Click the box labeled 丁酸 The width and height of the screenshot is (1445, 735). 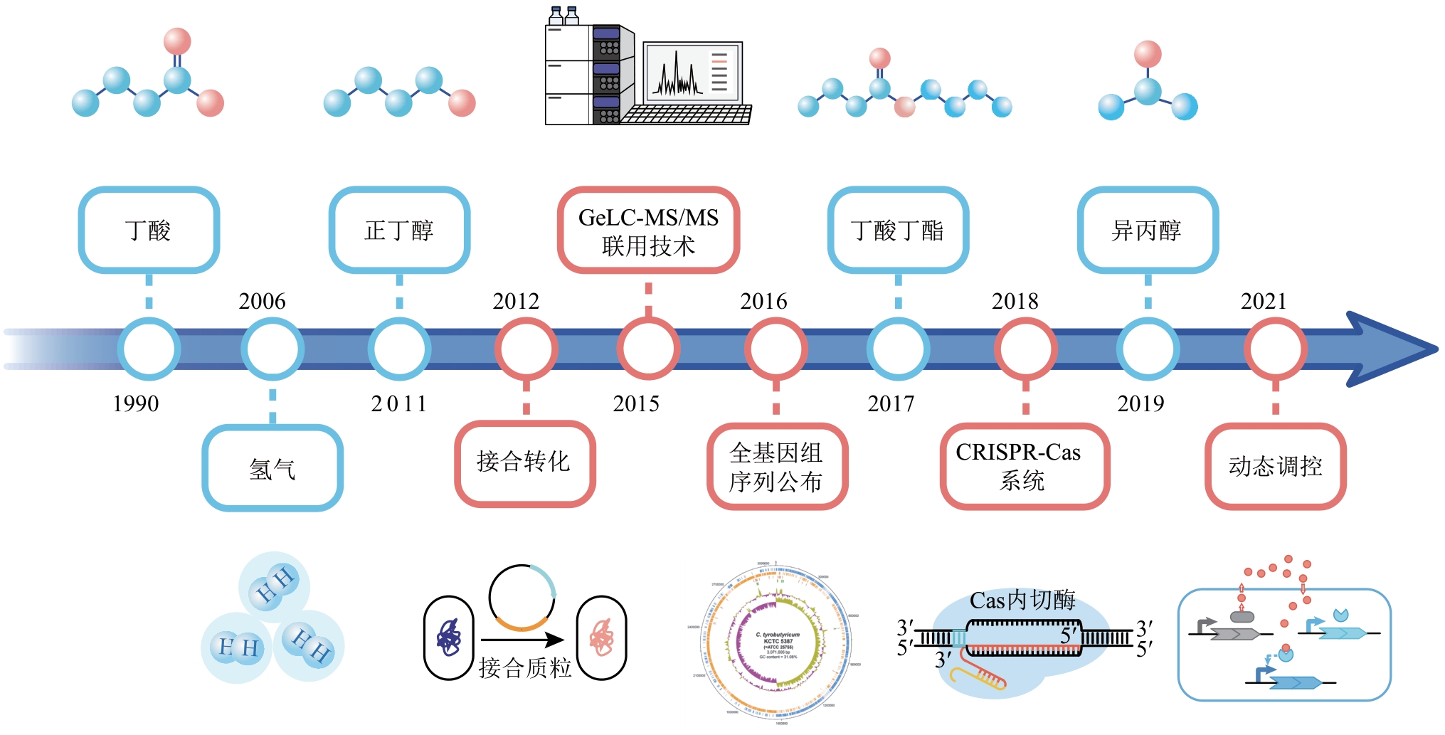(149, 230)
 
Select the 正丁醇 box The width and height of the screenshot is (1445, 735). (399, 230)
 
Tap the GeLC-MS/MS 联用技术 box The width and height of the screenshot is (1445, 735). (648, 231)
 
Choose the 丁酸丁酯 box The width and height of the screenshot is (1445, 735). (898, 230)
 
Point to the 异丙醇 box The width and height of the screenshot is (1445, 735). (1148, 230)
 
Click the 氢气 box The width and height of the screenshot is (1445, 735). (272, 468)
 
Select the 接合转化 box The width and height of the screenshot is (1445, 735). (524, 463)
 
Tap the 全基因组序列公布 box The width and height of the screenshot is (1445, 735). (777, 467)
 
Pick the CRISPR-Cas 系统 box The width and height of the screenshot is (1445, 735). (1024, 467)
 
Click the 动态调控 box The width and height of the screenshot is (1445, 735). (1275, 467)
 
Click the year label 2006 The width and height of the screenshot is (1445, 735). (262, 301)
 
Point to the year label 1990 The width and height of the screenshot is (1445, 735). (135, 403)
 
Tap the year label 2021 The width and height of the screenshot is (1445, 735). (1264, 301)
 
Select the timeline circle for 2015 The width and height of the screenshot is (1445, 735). (648, 349)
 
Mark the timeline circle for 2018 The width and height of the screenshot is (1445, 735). (1025, 349)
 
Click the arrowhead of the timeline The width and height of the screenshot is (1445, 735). (1387, 349)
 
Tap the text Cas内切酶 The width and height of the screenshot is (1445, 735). (1022, 601)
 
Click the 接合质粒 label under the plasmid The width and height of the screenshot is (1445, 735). (525, 667)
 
